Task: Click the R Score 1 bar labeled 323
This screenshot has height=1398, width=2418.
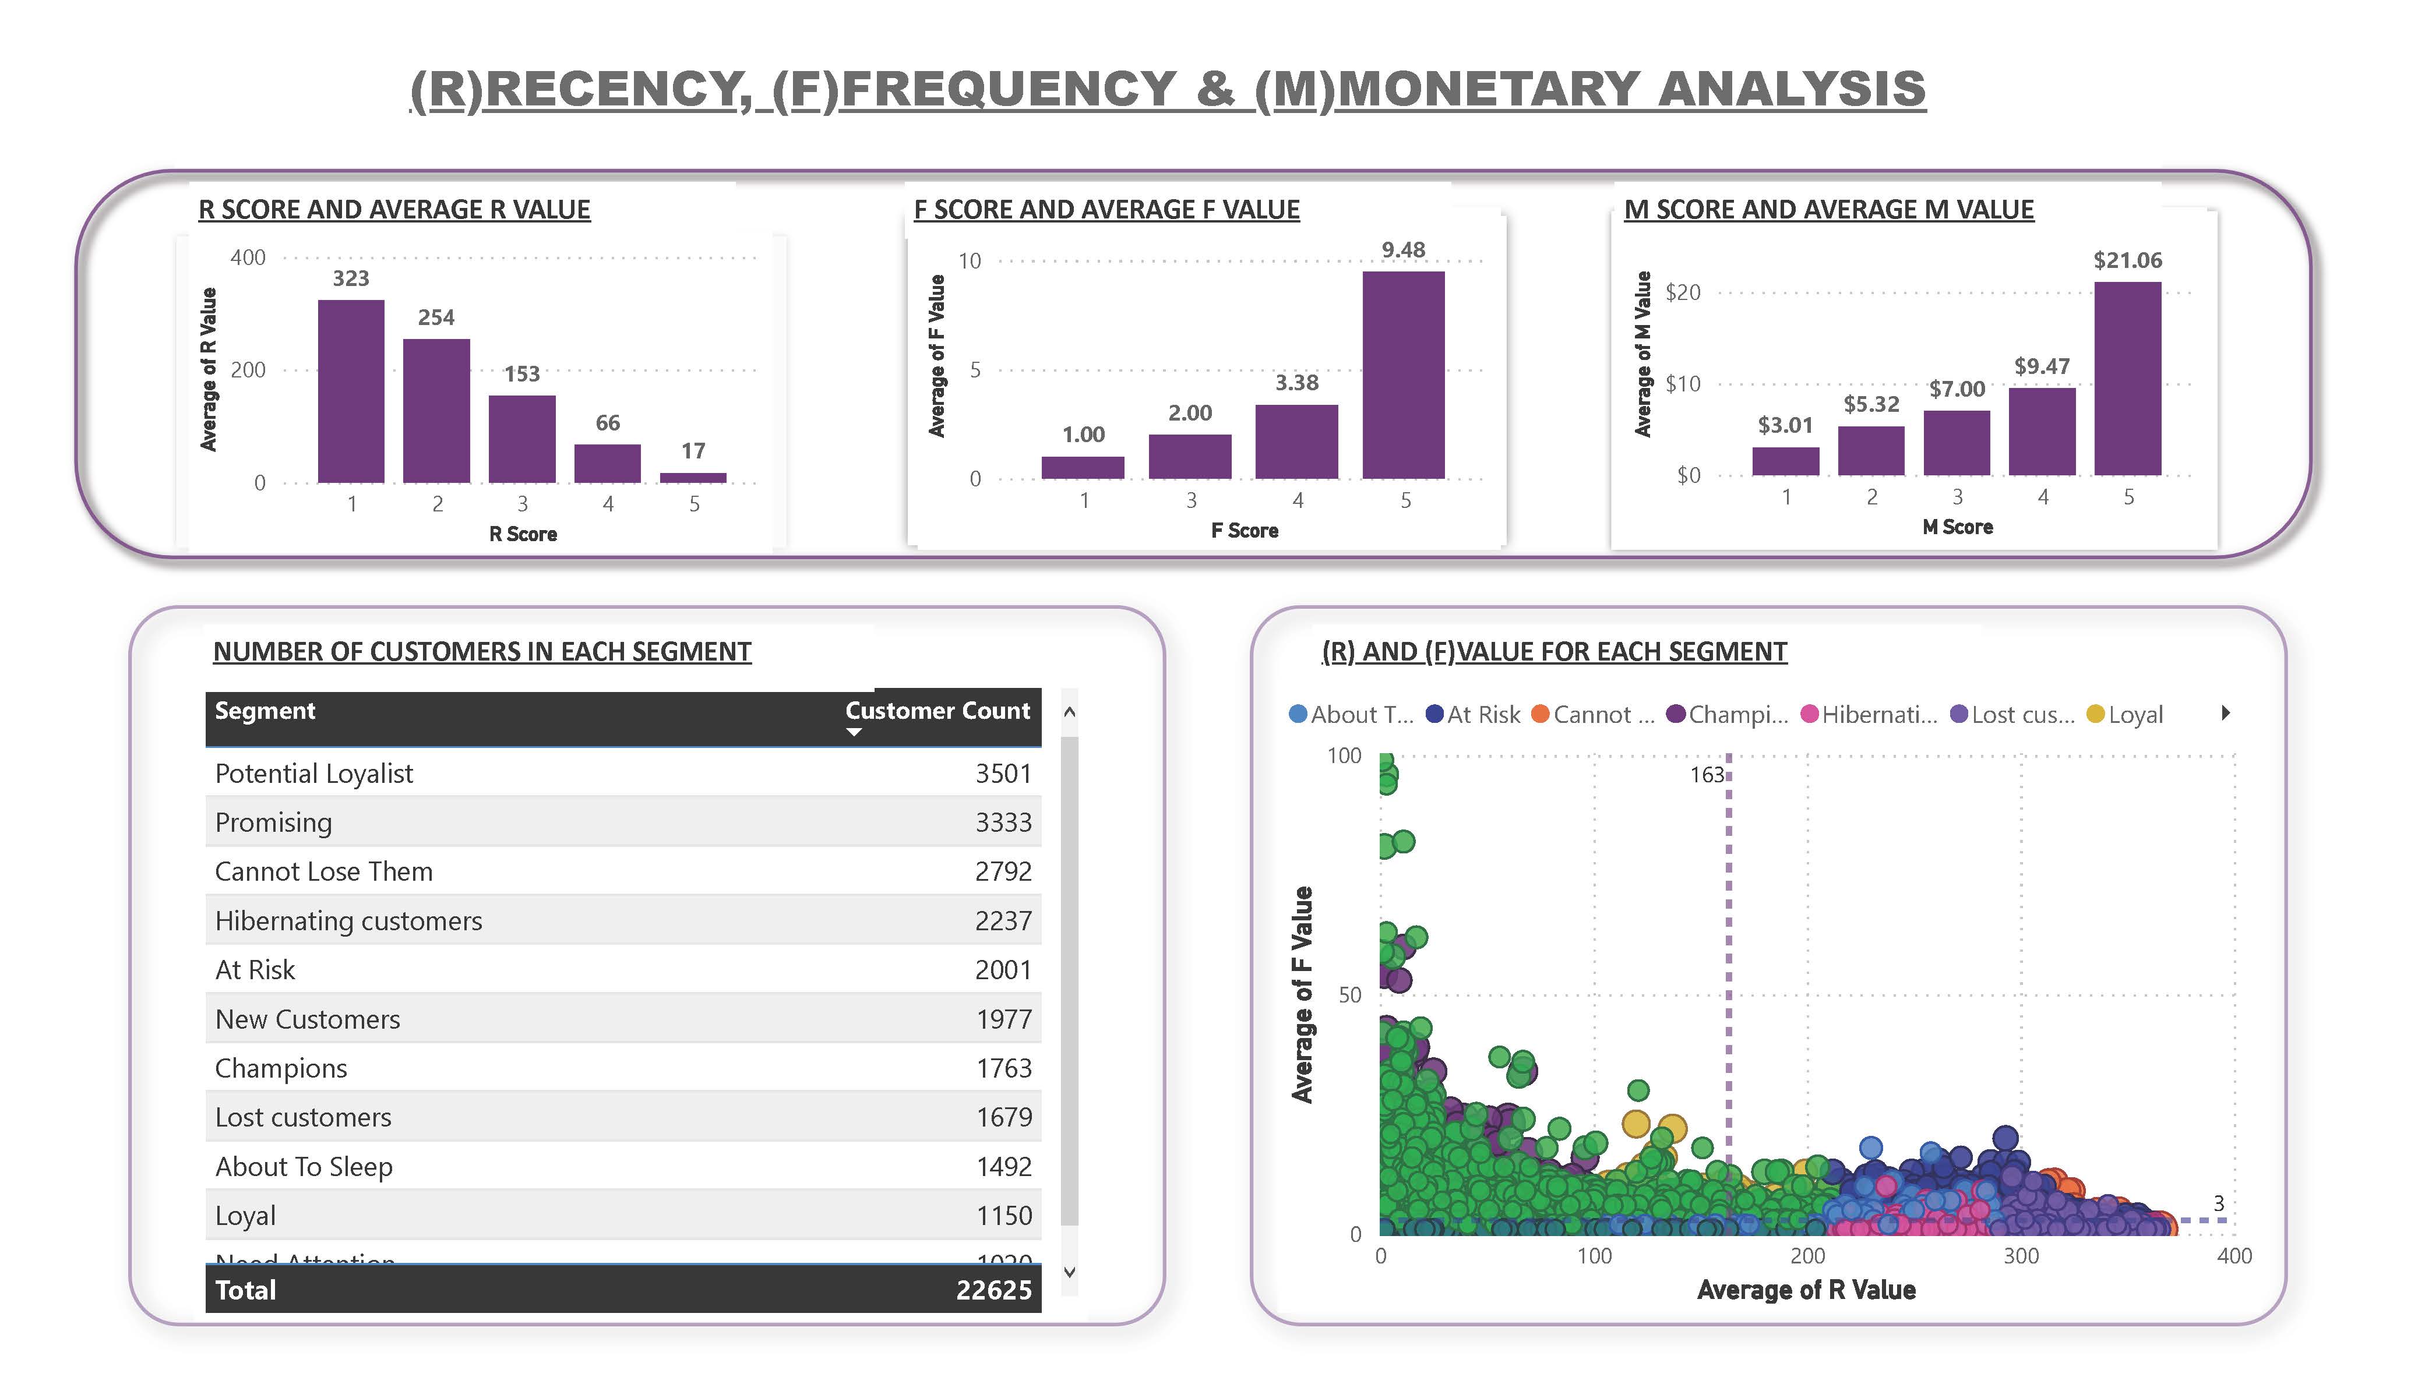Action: (x=351, y=391)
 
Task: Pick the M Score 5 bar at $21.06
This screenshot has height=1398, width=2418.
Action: (x=2127, y=379)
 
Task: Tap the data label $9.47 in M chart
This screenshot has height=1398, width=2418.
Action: (x=2041, y=366)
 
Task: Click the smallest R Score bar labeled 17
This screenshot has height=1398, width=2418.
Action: (x=693, y=477)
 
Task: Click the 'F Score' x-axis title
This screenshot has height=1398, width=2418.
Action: (x=1245, y=531)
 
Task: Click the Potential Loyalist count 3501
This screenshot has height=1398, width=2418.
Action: (x=1003, y=774)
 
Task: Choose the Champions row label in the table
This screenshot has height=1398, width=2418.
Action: (x=281, y=1068)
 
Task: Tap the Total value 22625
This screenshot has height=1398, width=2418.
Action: (x=993, y=1290)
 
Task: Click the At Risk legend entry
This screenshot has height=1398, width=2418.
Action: (x=1474, y=715)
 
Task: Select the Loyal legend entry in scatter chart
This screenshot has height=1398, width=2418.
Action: (x=2126, y=715)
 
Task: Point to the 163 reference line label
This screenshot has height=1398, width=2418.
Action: (x=1706, y=775)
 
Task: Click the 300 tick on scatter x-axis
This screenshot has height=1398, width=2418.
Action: (x=2021, y=1256)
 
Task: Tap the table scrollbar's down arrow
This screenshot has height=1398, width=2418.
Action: (x=1070, y=1272)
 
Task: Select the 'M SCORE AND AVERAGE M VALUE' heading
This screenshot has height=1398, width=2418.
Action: (x=1828, y=210)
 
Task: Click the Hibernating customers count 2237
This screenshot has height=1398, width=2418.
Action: (x=1003, y=921)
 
